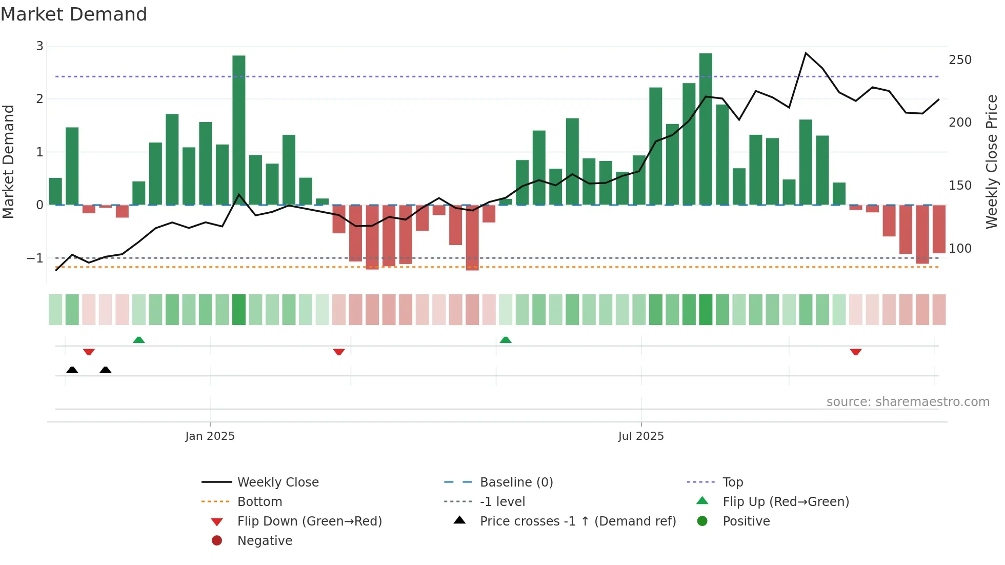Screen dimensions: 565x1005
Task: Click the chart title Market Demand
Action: coord(74,14)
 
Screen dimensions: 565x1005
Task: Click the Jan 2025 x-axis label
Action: coord(210,436)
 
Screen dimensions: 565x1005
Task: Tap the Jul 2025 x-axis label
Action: coord(640,436)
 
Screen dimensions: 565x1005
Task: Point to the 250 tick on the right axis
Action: coord(960,60)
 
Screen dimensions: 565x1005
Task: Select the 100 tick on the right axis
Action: coord(960,249)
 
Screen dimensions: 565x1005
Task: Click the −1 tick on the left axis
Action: coord(35,258)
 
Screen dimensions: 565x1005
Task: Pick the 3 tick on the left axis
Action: coord(39,46)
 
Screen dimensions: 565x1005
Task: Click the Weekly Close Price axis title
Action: coord(992,162)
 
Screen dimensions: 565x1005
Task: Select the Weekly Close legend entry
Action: coord(277,482)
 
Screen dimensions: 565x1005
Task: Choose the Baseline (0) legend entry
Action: coord(516,482)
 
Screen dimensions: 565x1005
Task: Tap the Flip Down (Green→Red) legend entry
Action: coord(309,521)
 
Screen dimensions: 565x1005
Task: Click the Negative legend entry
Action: coord(265,541)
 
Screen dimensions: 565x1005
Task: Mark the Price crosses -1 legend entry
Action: coord(577,521)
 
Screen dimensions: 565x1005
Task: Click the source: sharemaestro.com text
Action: coord(908,402)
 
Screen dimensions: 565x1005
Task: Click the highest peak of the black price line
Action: coord(806,53)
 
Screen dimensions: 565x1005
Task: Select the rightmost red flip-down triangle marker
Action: coord(855,352)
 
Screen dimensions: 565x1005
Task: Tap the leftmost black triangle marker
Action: coord(72,370)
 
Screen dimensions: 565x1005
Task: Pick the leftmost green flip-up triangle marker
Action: coord(138,339)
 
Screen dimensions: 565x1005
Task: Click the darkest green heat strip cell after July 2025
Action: coord(706,310)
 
